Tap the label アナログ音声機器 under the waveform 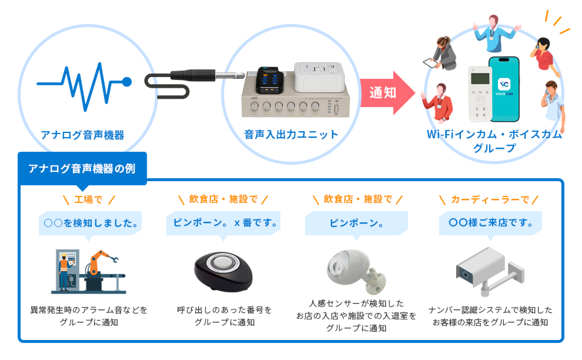pos(83,135)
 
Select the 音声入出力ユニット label pos(291,135)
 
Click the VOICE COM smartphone pos(504,89)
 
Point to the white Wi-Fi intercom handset pos(480,94)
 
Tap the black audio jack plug pos(206,75)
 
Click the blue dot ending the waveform pos(127,82)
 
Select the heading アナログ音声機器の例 pos(82,169)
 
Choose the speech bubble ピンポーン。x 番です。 pos(223,223)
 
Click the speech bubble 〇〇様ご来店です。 pos(490,223)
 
